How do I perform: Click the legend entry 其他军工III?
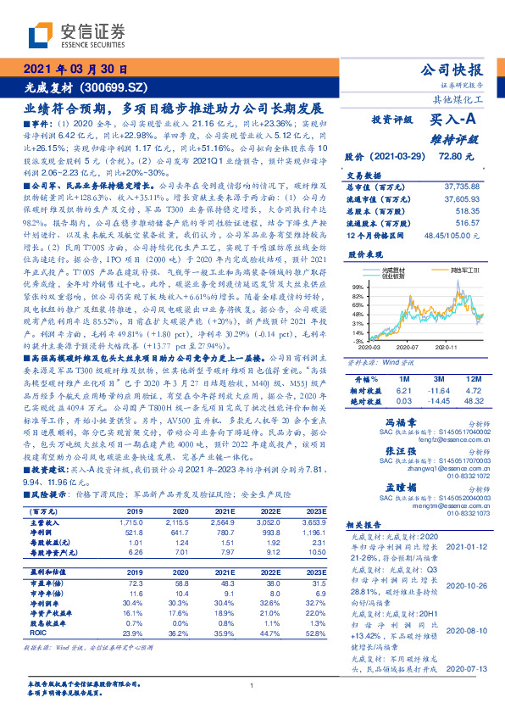(445, 268)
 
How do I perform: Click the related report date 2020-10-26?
(466, 585)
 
